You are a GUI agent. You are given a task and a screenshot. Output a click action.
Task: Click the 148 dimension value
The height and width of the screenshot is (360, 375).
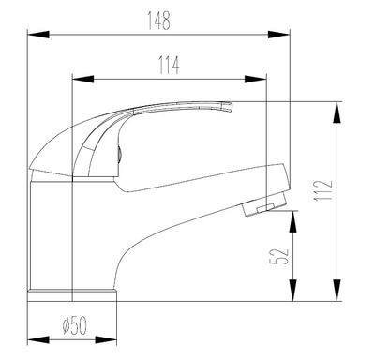click(x=159, y=21)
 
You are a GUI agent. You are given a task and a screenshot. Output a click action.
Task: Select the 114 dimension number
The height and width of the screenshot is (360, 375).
click(x=169, y=66)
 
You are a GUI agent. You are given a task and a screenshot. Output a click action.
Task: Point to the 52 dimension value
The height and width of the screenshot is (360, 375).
click(x=278, y=256)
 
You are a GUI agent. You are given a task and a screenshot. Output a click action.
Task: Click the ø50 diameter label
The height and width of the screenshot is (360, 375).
click(x=74, y=325)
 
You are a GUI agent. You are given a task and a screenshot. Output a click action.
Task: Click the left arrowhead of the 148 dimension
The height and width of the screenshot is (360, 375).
click(x=38, y=35)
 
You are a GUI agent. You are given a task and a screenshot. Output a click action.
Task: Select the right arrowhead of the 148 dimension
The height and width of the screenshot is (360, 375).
click(x=278, y=35)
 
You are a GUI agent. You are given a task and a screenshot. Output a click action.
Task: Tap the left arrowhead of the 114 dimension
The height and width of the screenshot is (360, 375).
click(x=82, y=79)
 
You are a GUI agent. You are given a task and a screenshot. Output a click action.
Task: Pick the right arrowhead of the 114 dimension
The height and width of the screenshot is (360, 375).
click(x=255, y=79)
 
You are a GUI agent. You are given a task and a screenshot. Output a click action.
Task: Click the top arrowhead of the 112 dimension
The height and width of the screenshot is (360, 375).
click(x=337, y=112)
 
